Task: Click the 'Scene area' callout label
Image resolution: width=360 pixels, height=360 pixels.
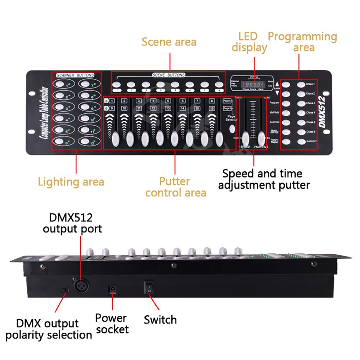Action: pos(169,42)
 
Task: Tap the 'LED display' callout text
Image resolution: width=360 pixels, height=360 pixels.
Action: pos(249,42)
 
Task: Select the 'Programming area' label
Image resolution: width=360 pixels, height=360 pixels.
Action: pos(302,42)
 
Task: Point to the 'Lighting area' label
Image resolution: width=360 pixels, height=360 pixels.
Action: pos(71,182)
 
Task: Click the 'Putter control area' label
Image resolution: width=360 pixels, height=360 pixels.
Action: pos(176,187)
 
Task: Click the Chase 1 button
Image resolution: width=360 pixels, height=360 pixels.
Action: pos(301,85)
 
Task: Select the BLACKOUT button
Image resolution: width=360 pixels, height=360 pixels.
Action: pos(301,141)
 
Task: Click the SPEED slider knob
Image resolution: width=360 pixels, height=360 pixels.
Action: pos(246,138)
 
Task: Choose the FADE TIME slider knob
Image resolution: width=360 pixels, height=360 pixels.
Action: pos(262,138)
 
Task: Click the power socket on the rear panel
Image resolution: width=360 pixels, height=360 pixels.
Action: pos(112,289)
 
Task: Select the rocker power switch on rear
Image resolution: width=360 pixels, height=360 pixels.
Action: pos(148,287)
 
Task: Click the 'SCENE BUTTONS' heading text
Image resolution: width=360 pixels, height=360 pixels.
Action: pos(168,75)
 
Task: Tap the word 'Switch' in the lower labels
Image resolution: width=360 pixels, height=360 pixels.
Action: pos(160,319)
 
